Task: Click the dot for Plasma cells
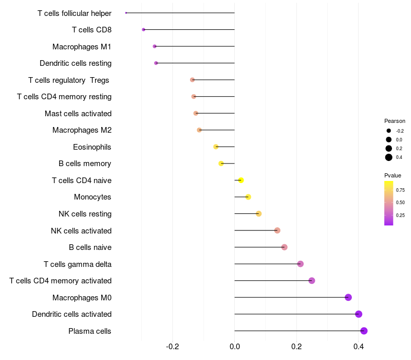click(x=364, y=331)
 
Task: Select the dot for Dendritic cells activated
click(x=359, y=314)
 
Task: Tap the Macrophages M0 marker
click(x=348, y=297)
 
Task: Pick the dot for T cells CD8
click(x=144, y=30)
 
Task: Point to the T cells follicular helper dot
click(x=126, y=13)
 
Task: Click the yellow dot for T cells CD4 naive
click(x=241, y=180)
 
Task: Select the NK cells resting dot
click(x=259, y=214)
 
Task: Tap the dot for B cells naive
click(x=285, y=247)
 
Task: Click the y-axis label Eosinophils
click(x=92, y=147)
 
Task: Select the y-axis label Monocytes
click(x=92, y=197)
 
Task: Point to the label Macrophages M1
click(x=82, y=47)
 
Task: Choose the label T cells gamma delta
click(x=78, y=264)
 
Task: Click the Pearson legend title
click(x=395, y=121)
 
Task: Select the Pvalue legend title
click(x=393, y=175)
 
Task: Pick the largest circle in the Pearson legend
click(x=389, y=157)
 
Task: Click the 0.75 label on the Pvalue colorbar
click(x=400, y=190)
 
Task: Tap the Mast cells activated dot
click(x=196, y=113)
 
